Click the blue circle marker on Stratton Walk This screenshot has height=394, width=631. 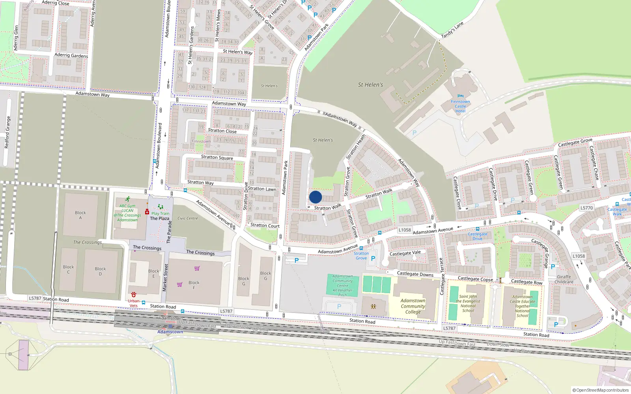(315, 197)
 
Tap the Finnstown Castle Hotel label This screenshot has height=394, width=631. (460, 106)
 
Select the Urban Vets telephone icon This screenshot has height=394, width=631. (134, 295)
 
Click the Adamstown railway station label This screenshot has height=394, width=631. (170, 332)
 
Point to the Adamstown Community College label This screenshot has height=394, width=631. (413, 306)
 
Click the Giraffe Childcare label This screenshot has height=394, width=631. (564, 279)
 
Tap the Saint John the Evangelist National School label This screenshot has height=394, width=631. (468, 303)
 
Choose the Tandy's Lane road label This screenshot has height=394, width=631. (452, 30)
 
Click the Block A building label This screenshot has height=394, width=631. (80, 215)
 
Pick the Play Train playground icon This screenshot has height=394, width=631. (160, 207)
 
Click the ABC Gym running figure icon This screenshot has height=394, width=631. (127, 199)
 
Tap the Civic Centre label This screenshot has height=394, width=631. (188, 218)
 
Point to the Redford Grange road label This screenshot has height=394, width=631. (7, 132)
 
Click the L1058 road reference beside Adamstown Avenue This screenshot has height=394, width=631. (405, 230)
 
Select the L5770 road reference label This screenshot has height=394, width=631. (586, 208)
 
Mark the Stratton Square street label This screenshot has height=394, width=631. (217, 158)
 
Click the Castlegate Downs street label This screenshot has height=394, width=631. (415, 274)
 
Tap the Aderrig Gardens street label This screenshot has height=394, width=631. (71, 56)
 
